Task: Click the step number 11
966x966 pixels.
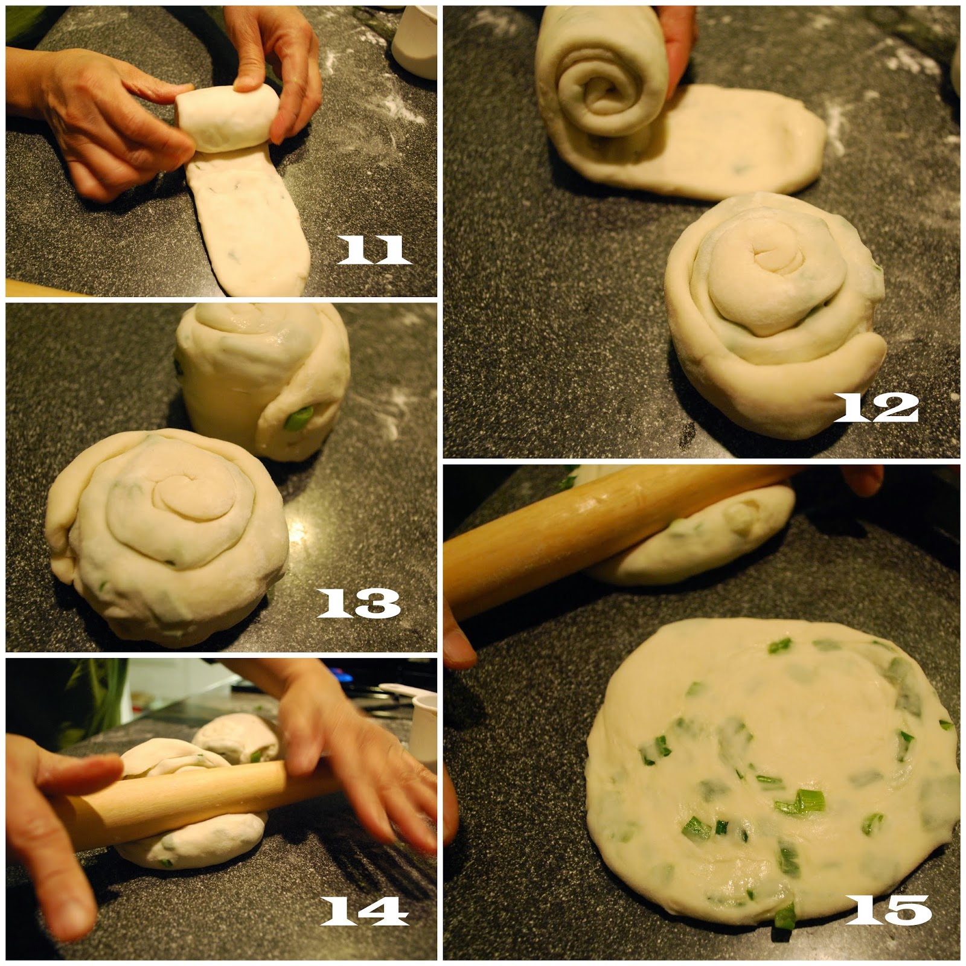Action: point(374,249)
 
